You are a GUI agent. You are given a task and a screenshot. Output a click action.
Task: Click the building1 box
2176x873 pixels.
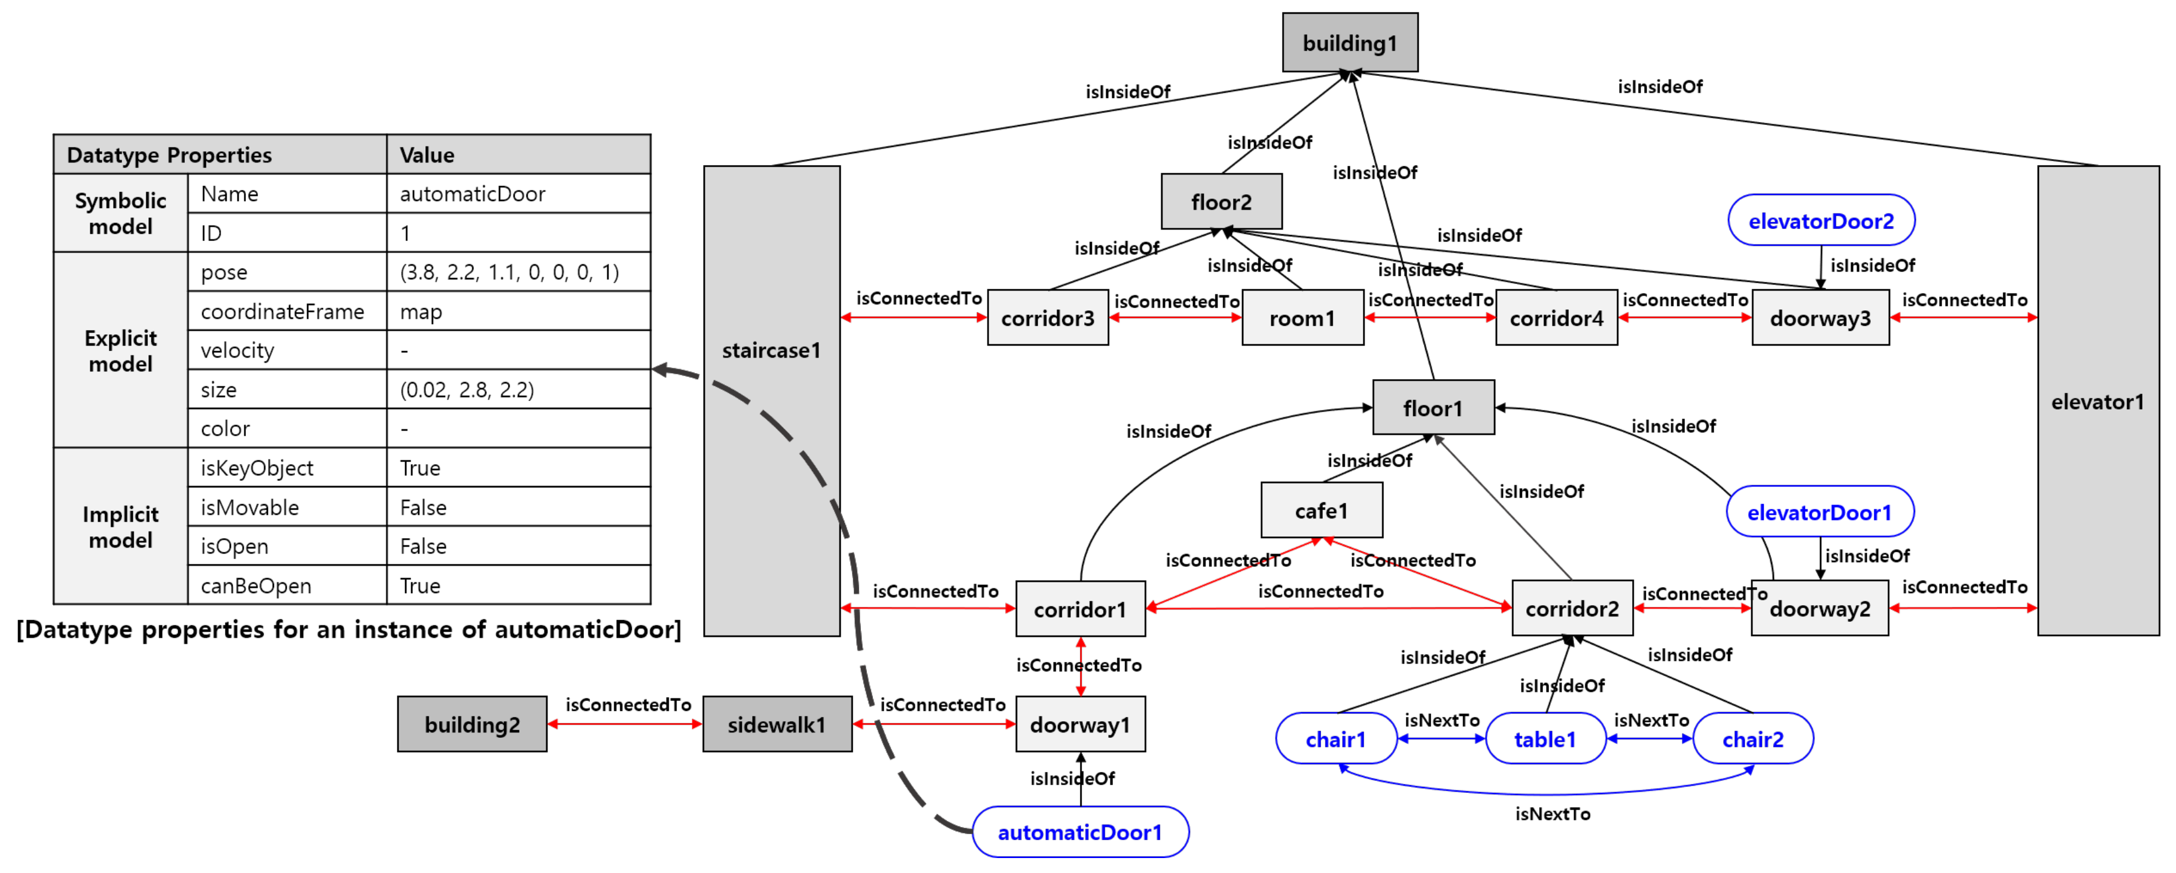pos(1349,42)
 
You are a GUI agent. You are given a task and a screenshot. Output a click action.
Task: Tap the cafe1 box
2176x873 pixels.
pos(1320,510)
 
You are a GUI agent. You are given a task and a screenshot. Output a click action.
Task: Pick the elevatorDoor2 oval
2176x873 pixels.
pos(1821,221)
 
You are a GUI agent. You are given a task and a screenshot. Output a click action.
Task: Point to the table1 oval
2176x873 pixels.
pos(1544,738)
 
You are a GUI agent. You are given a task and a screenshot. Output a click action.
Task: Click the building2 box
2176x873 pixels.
pos(471,724)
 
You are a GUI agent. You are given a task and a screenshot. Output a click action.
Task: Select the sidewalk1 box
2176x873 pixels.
pos(777,724)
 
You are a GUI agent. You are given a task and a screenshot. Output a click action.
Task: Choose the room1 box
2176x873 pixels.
pos(1302,318)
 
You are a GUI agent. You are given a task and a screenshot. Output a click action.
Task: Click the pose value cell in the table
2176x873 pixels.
pos(509,272)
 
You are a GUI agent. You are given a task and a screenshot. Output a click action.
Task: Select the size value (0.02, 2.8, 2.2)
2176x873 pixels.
pos(467,389)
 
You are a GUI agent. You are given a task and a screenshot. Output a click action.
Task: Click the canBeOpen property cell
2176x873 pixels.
pos(256,585)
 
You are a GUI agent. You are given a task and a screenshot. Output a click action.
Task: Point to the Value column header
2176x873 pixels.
pos(427,154)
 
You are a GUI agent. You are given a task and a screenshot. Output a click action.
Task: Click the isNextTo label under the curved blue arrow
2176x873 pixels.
pos(1552,813)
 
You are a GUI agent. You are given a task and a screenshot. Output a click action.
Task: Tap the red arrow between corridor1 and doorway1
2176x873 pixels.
pos(1081,666)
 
